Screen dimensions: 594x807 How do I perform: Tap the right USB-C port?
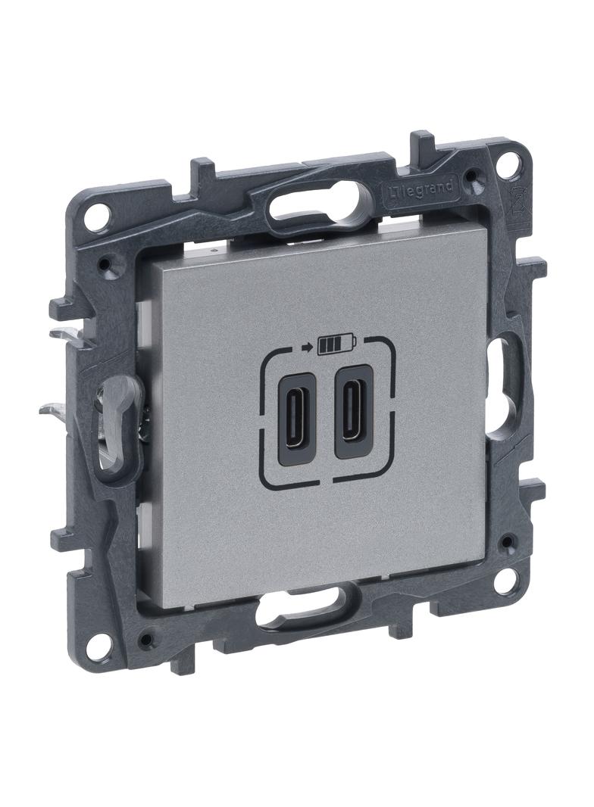point(353,411)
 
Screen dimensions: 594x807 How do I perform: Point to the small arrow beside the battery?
point(308,348)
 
